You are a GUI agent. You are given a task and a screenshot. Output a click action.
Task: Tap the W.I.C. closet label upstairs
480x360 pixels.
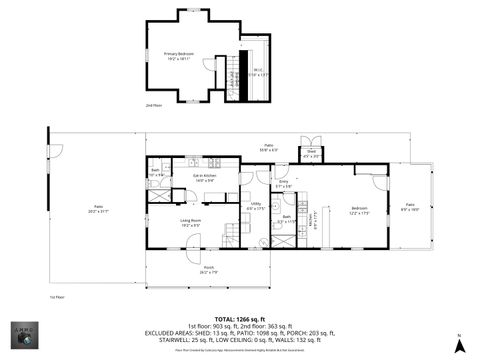(258, 71)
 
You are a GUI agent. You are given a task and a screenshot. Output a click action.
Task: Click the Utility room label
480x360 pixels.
(257, 206)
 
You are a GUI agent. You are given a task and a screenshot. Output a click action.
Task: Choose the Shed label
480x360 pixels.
(311, 154)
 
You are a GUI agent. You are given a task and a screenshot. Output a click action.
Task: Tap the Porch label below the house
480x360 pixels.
(209, 268)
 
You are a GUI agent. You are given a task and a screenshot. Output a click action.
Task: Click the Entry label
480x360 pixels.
(283, 184)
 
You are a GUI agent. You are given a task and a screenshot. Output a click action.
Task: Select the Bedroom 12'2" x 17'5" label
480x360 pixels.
(358, 210)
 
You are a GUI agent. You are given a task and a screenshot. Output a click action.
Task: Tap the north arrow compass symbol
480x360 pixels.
(458, 344)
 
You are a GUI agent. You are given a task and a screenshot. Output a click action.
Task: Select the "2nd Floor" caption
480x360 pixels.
(153, 104)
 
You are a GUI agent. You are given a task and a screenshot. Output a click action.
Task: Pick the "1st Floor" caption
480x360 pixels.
(57, 297)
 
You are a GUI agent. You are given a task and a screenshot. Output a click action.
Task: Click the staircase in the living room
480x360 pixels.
(231, 235)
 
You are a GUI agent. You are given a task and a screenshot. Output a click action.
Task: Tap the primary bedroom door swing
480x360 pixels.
(210, 67)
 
